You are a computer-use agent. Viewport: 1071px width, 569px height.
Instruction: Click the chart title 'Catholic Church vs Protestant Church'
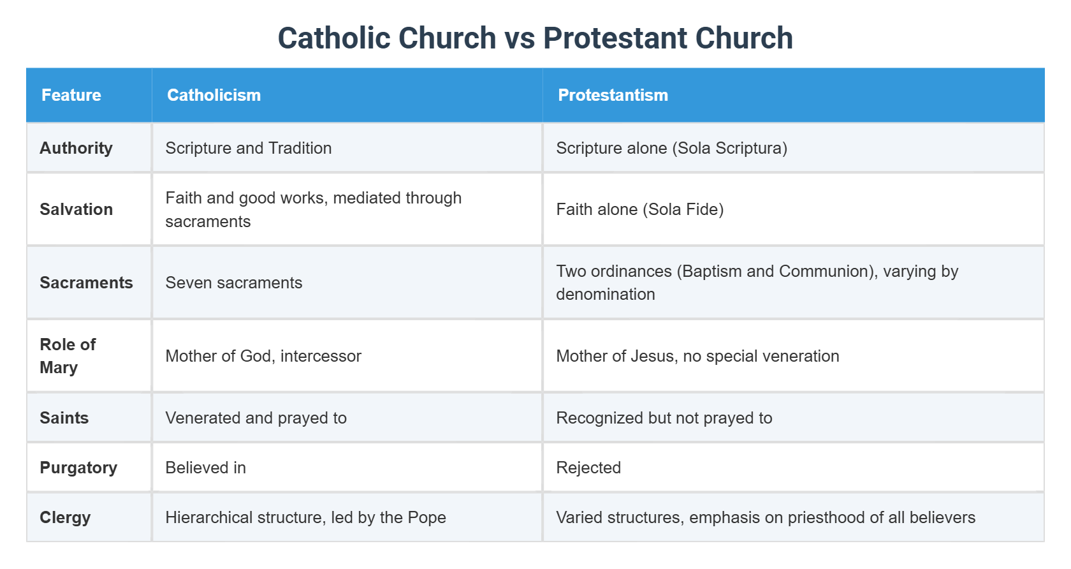[535, 38]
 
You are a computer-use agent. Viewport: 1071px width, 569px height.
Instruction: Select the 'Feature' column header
[71, 95]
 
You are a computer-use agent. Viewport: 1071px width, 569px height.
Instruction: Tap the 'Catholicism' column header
[214, 95]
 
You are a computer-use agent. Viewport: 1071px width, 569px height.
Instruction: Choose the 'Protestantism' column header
[613, 95]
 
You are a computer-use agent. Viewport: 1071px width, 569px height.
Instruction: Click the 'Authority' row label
[76, 148]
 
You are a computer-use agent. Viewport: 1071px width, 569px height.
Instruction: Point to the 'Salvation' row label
[76, 209]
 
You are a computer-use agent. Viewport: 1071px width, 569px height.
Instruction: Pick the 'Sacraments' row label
[86, 283]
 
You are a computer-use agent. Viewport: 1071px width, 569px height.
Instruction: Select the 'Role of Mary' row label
[68, 356]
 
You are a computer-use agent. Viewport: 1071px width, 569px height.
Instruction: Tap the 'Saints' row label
[64, 418]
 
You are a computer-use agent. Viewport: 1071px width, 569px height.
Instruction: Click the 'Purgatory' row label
[78, 468]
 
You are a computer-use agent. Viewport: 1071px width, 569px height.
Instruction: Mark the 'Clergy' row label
[65, 517]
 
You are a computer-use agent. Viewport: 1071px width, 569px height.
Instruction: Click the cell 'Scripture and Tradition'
[248, 148]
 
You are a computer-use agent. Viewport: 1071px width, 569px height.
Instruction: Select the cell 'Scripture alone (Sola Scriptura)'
[671, 148]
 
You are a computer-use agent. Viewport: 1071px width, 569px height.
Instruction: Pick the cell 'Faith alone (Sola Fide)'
[639, 209]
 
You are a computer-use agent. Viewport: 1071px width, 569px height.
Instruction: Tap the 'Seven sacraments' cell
[233, 283]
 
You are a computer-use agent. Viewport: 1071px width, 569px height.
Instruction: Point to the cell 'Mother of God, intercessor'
[263, 356]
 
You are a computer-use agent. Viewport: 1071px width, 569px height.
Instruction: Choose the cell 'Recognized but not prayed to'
[664, 418]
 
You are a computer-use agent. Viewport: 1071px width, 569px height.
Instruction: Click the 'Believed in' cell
[205, 468]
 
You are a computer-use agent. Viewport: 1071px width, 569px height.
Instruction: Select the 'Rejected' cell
[588, 468]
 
